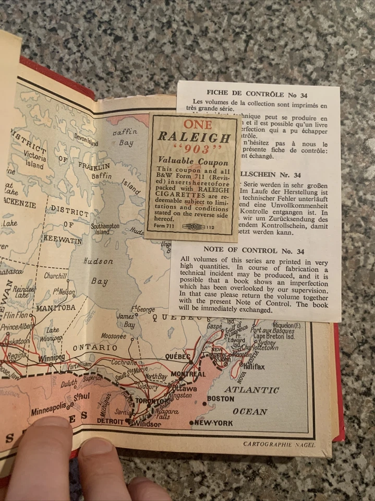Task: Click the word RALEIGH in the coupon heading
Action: [x=194, y=138]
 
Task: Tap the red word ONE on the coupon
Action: [x=198, y=124]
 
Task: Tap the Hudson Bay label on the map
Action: [x=99, y=270]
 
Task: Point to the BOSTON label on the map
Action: [x=221, y=399]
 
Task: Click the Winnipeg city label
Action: [x=51, y=358]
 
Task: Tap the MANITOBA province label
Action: [x=55, y=308]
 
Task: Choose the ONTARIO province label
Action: [x=95, y=347]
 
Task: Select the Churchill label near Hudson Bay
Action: [x=55, y=276]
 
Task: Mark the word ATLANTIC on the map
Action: [x=251, y=389]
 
